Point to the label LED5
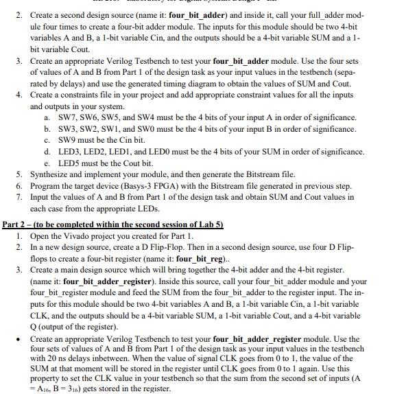click(66, 163)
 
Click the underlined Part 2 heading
click(17, 224)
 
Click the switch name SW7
click(65, 117)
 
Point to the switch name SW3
click(65, 128)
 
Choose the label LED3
click(67, 151)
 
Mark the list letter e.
click(46, 163)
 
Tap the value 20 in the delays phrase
click(50, 361)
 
